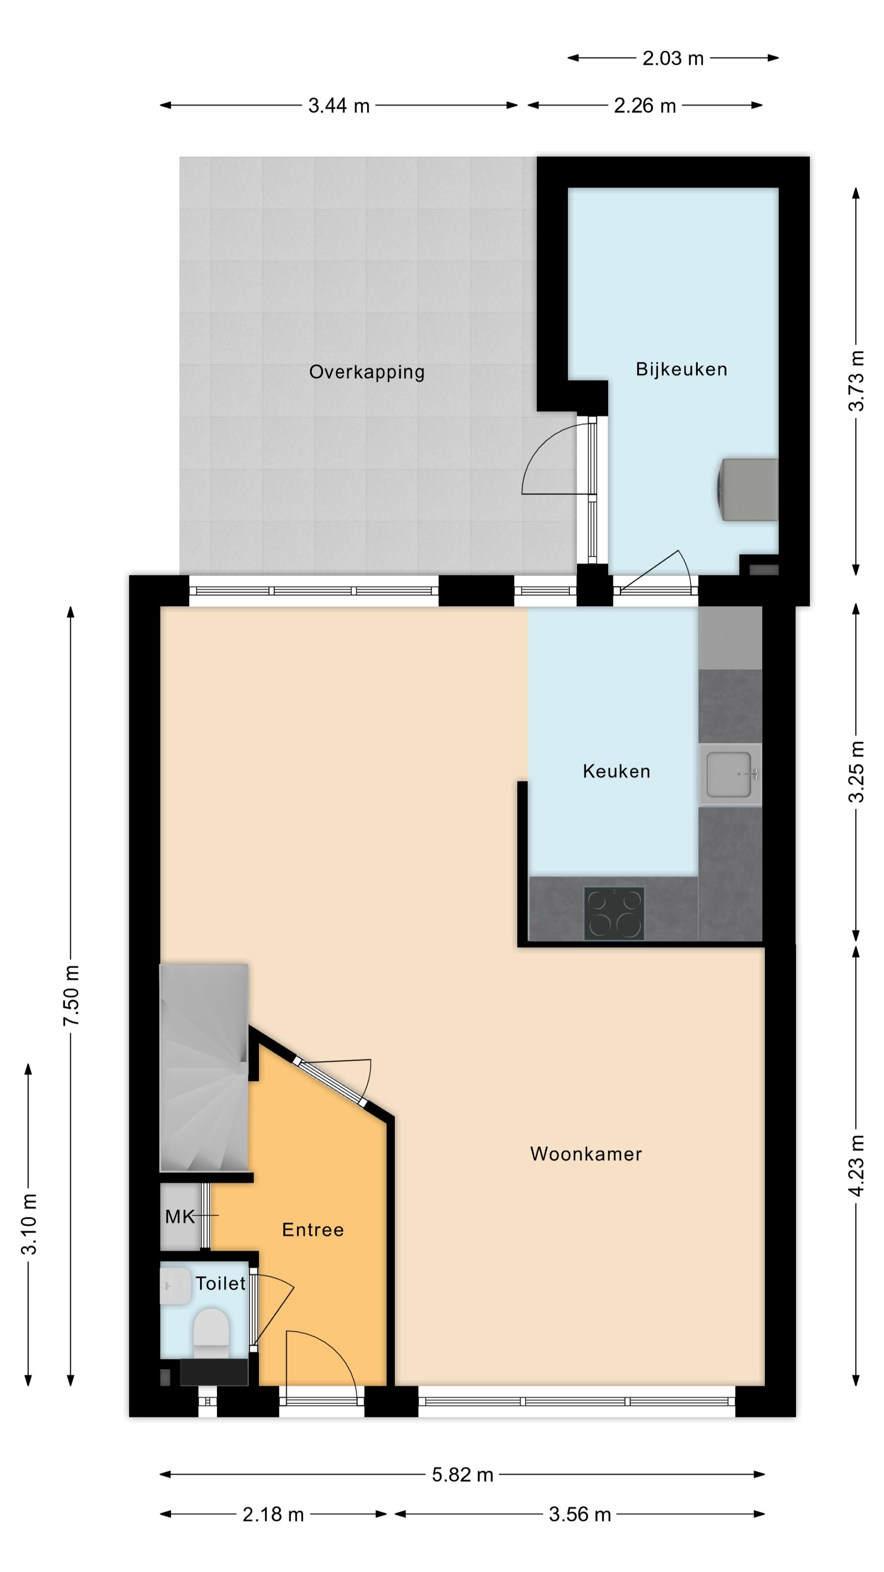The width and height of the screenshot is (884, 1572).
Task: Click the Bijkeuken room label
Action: click(681, 369)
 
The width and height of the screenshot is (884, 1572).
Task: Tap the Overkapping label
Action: click(367, 372)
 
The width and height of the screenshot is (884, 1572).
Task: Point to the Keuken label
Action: click(616, 771)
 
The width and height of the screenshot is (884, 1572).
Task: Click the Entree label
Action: click(312, 1230)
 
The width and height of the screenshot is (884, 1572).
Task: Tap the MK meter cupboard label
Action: click(179, 1217)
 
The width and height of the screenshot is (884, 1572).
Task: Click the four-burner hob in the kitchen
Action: click(614, 913)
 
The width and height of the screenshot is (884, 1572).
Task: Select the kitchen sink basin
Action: click(728, 775)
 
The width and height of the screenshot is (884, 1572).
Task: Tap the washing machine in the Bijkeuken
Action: click(748, 490)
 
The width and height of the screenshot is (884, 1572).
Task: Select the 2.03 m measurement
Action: click(673, 59)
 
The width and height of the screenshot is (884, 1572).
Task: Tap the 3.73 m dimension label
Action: click(857, 380)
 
